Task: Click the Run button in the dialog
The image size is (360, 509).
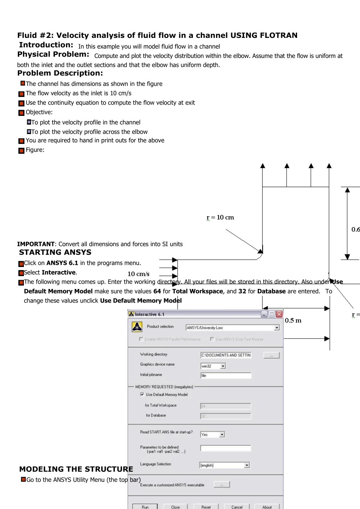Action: point(145,507)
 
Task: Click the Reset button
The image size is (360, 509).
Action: point(206,507)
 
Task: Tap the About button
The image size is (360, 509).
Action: point(267,507)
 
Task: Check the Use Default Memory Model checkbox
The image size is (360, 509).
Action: point(142,394)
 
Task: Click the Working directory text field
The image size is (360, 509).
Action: point(226,355)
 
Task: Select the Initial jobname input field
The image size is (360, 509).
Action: point(226,376)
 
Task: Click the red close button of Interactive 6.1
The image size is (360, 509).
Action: point(279,314)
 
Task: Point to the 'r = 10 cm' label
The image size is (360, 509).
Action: point(220,217)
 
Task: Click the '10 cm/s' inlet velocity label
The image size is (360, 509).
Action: point(138,274)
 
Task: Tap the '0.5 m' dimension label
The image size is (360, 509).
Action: point(293,320)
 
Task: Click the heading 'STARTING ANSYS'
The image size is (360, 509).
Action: point(55,253)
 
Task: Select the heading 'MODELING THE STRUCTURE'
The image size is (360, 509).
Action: point(76,469)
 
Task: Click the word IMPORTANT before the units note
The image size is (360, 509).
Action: point(36,244)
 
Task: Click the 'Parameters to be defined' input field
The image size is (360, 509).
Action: point(226,448)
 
